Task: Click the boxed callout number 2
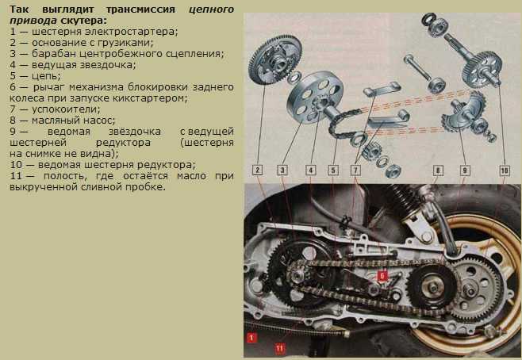pyautogui.click(x=257, y=170)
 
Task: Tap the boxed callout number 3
pyautogui.click(x=282, y=170)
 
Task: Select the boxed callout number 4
pyautogui.click(x=311, y=170)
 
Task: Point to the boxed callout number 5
pyautogui.click(x=333, y=170)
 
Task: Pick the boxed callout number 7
pyautogui.click(x=355, y=170)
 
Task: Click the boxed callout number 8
pyautogui.click(x=438, y=170)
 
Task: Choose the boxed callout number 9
pyautogui.click(x=465, y=170)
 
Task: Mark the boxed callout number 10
pyautogui.click(x=505, y=170)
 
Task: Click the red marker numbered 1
pyautogui.click(x=251, y=338)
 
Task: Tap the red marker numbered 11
pyautogui.click(x=279, y=348)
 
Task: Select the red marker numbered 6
pyautogui.click(x=382, y=275)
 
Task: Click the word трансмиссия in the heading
pyautogui.click(x=140, y=10)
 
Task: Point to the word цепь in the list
pyautogui.click(x=46, y=76)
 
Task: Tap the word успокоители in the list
pyautogui.click(x=66, y=109)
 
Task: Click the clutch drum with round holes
pyautogui.click(x=315, y=97)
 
